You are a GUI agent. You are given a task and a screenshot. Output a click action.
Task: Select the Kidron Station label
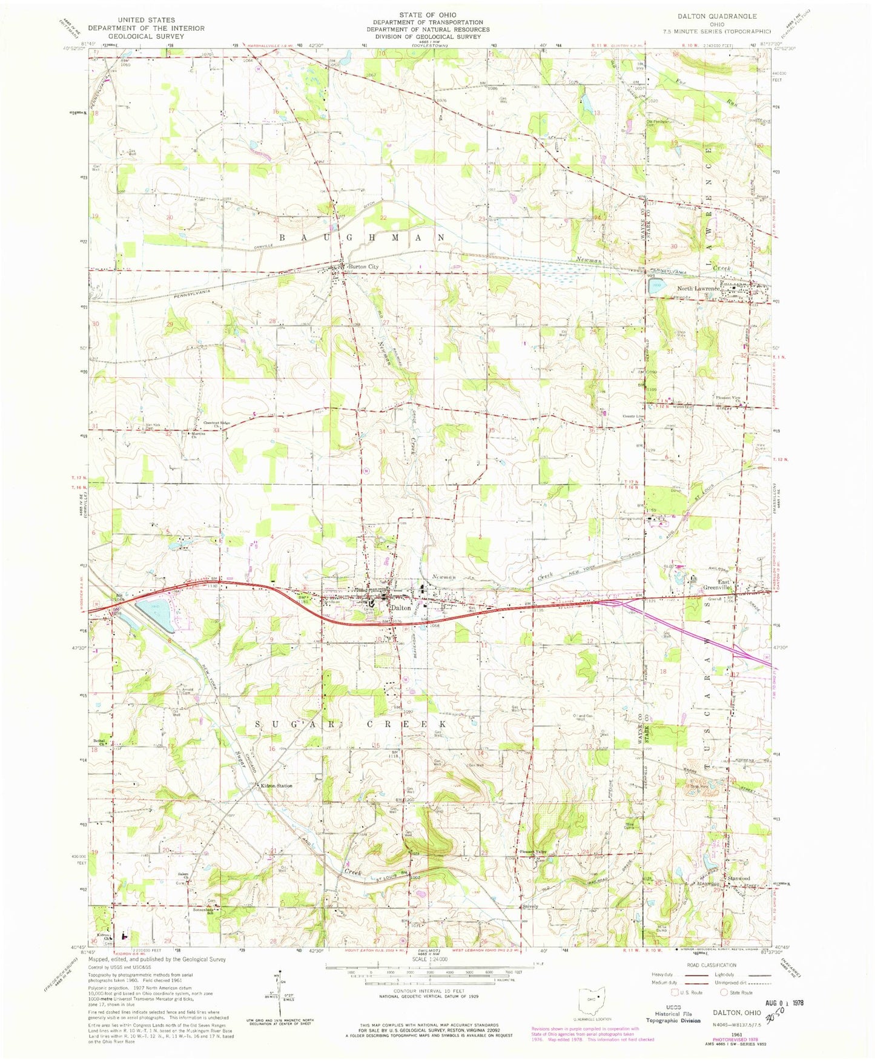(276, 786)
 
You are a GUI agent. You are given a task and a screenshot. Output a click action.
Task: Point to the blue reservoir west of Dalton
(156, 616)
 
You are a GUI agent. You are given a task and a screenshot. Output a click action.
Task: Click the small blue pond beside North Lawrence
(656, 286)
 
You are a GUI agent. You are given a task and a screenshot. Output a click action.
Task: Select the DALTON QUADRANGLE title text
(718, 16)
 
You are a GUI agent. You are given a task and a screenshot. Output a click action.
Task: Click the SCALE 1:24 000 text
(431, 960)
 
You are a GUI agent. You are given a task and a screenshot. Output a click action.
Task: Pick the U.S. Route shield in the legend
(672, 992)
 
